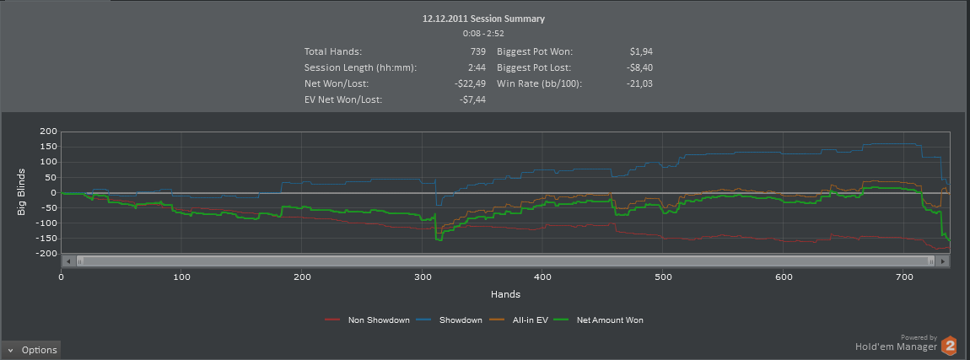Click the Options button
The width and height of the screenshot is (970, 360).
click(31, 350)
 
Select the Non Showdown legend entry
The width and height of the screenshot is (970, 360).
click(372, 320)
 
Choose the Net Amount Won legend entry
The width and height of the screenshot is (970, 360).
click(609, 320)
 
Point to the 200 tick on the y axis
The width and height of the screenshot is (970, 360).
click(47, 132)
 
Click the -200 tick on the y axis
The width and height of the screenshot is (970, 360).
click(45, 254)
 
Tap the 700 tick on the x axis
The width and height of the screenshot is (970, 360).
click(602, 277)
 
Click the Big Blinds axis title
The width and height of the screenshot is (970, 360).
click(22, 192)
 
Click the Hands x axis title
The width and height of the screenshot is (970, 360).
click(505, 294)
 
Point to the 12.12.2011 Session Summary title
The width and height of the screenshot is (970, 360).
click(483, 18)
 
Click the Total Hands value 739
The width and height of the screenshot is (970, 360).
click(475, 52)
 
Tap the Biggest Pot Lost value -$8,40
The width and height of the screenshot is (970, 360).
click(640, 67)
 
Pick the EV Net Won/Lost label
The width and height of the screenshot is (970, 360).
click(343, 99)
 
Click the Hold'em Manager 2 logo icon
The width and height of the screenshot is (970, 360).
click(950, 345)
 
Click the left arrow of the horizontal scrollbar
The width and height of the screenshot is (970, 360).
click(68, 261)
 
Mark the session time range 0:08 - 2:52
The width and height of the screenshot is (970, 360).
click(483, 34)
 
